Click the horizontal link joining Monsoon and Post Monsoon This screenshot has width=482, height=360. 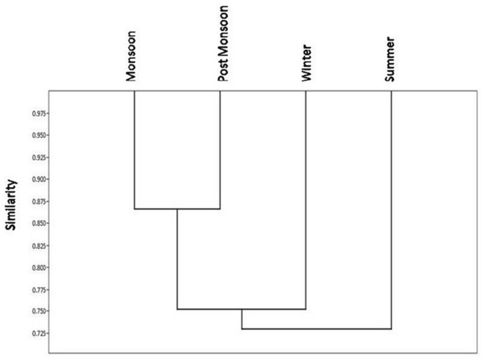177,209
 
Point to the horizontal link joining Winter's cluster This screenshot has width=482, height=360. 241,309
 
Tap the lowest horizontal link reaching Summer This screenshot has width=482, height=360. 317,328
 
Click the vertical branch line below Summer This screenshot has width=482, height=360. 391,211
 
